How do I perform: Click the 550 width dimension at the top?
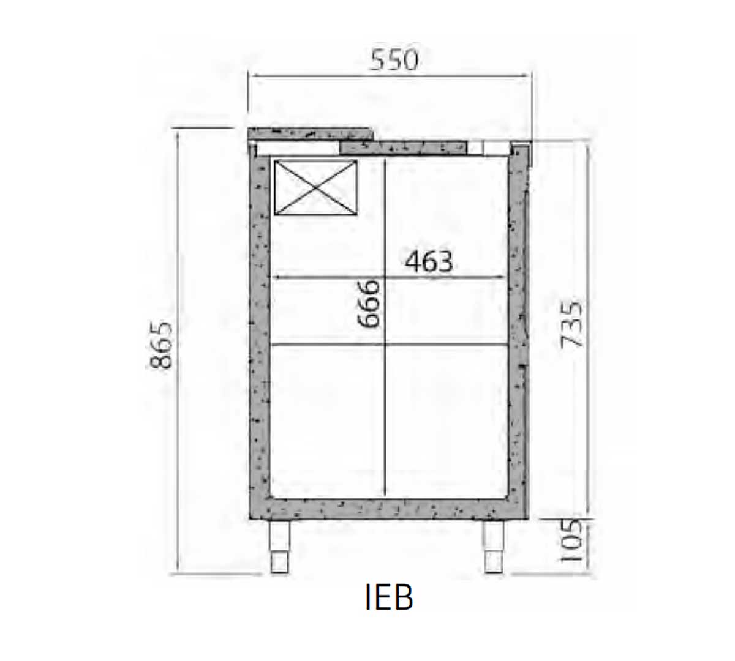394,60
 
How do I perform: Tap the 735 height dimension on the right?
571,324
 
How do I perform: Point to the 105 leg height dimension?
570,542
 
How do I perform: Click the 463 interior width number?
429,262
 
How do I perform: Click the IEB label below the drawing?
389,597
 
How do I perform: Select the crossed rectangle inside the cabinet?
315,188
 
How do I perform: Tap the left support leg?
279,547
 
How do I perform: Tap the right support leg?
494,547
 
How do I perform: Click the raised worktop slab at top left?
309,133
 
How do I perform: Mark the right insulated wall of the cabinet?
518,330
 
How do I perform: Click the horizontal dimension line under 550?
392,77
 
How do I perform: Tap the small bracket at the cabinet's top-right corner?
521,153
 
